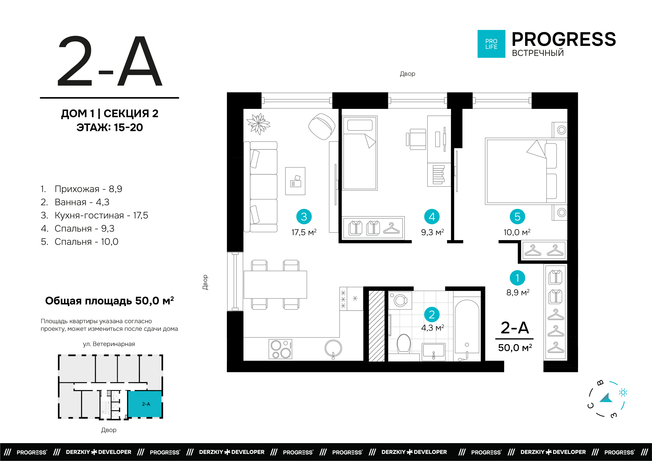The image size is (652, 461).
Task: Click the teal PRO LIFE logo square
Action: tap(491, 44)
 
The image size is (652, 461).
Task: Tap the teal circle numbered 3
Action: tap(304, 217)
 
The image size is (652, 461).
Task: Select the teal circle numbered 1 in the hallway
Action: tap(517, 278)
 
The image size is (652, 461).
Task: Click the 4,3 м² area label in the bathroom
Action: tap(433, 328)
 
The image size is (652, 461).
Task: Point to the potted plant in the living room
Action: tap(258, 124)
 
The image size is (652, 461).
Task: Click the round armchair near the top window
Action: tap(322, 127)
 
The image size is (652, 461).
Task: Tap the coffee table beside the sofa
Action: tap(295, 181)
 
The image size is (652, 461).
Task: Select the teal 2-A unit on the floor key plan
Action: tap(145, 404)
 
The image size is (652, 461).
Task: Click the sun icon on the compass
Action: tap(623, 393)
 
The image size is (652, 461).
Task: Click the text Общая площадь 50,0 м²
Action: tap(110, 301)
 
